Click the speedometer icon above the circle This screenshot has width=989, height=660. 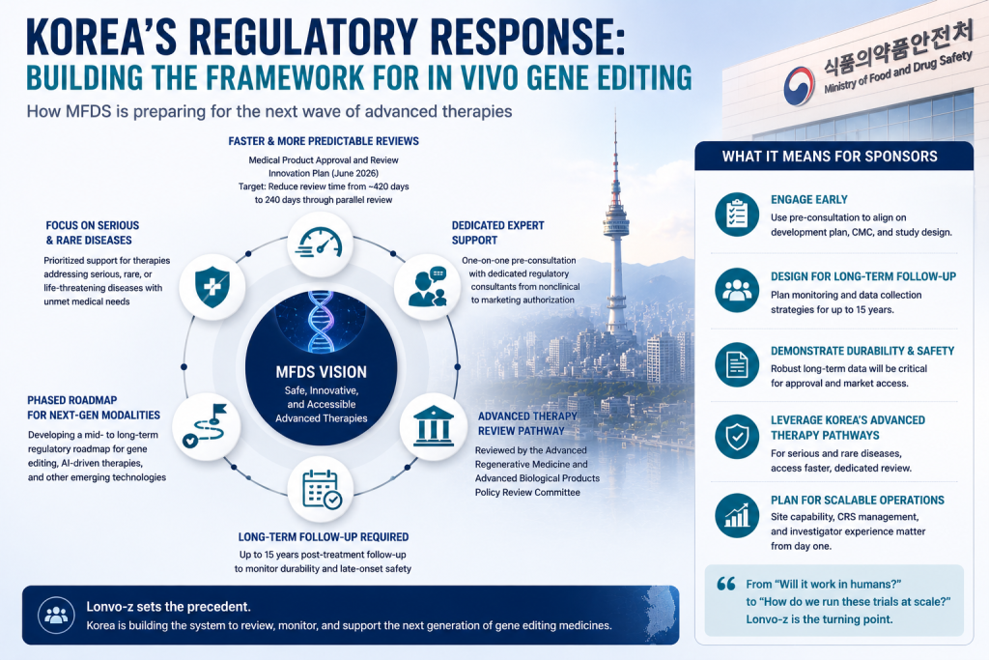pos(320,243)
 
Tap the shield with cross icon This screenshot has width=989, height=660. pos(212,287)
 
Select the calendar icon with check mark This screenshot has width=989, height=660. pos(321,490)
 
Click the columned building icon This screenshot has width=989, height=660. pos(434,426)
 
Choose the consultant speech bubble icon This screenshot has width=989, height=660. pos(428,286)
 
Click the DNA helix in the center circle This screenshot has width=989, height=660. pos(321,321)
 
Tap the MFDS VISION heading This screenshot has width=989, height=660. pos(321,372)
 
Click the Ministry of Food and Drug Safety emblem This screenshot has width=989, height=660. pos(799,85)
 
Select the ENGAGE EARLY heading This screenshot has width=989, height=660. pos(809,199)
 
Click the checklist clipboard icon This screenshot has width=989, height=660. pos(737,215)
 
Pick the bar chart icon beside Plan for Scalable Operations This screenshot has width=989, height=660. pos(737,515)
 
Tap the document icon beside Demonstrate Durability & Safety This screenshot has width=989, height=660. pos(737,364)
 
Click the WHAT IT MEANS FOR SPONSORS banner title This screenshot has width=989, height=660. pos(830,157)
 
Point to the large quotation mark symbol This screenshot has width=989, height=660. pos(726,584)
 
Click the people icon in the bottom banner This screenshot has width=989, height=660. pos(56,615)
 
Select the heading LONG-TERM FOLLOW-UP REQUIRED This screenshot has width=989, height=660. pos(324,537)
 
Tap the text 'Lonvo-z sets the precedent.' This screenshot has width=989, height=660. pos(168,607)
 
